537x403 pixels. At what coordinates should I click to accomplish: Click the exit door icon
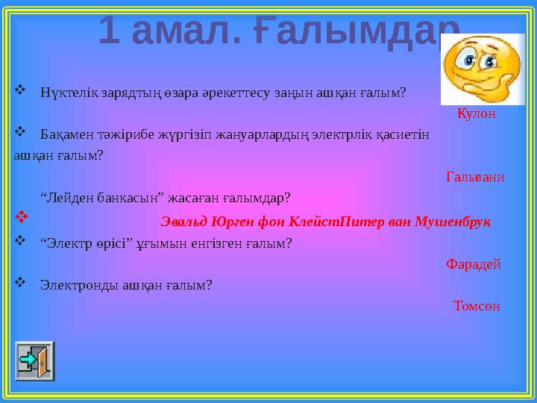35,361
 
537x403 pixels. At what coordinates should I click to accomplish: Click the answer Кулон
477,113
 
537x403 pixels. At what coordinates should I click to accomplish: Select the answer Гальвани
475,177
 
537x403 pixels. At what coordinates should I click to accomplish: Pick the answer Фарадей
473,263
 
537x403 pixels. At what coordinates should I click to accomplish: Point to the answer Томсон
476,306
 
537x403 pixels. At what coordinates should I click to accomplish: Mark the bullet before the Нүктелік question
20,92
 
